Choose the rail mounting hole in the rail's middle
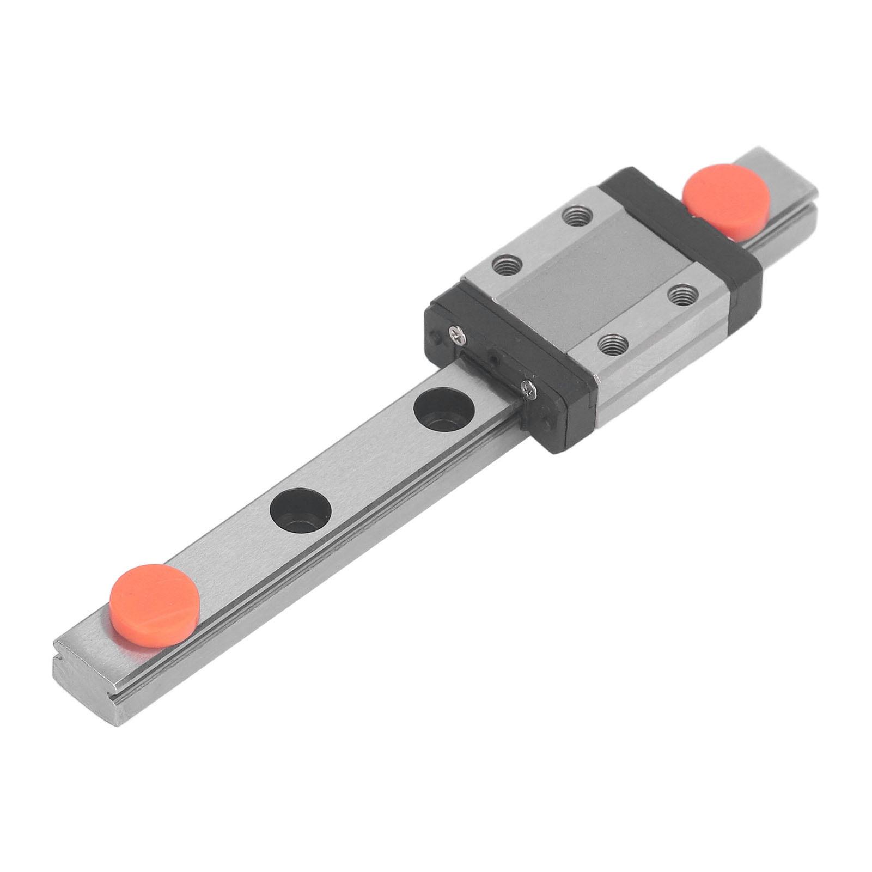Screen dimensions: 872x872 coord(301,511)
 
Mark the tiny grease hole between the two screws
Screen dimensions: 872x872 coord(493,360)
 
